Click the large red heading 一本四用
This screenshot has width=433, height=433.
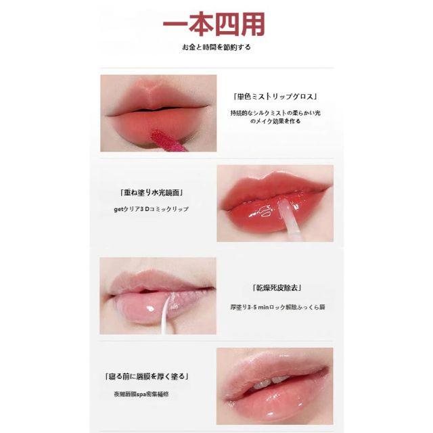point(214,24)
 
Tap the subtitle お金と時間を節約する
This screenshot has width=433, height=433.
point(216,47)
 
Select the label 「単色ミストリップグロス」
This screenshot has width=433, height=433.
point(275,97)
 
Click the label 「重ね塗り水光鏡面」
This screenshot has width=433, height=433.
point(152,192)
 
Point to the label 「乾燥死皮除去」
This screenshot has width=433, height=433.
point(277,288)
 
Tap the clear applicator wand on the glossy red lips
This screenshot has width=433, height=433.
point(287,218)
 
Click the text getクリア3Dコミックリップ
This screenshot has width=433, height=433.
point(152,209)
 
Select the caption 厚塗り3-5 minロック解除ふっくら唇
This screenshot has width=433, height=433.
point(277,307)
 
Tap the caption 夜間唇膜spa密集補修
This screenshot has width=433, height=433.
point(141,394)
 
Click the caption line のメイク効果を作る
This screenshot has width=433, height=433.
point(275,121)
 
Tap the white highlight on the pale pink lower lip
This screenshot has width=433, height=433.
point(150,309)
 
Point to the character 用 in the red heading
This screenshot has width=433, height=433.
point(253,24)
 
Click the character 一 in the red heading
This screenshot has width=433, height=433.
point(175,24)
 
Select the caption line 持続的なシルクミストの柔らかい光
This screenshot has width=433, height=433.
point(275,113)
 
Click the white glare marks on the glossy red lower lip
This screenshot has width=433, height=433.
point(261,211)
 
